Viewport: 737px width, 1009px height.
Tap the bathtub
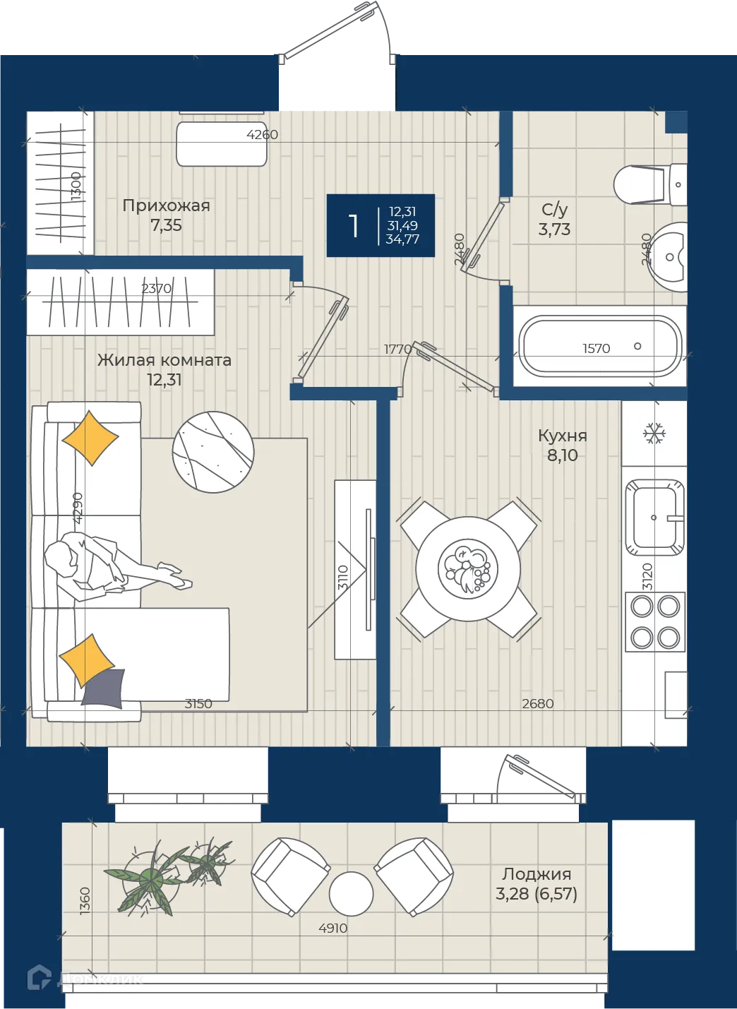tap(600, 346)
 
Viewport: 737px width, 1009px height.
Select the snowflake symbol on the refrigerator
tap(654, 434)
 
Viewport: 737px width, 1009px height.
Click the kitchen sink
tap(654, 518)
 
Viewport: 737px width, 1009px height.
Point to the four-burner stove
tap(655, 622)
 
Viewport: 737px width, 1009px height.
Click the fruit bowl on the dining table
tap(468, 569)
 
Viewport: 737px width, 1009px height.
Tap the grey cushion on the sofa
tap(104, 688)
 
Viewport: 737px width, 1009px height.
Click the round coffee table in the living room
tap(213, 452)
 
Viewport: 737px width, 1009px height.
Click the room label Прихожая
tap(166, 206)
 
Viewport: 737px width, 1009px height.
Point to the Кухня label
tap(563, 436)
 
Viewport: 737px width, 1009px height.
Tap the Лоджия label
tap(537, 874)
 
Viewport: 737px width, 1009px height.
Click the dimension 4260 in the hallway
tap(262, 134)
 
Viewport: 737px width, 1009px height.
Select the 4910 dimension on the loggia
tap(332, 928)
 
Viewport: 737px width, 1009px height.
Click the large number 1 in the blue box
tap(354, 226)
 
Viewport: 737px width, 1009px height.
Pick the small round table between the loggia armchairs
tap(351, 894)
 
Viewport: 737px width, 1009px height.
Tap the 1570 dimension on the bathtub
tap(596, 348)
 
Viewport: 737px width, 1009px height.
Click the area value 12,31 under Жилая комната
tap(164, 379)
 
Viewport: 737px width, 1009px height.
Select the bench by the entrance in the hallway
tap(222, 144)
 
